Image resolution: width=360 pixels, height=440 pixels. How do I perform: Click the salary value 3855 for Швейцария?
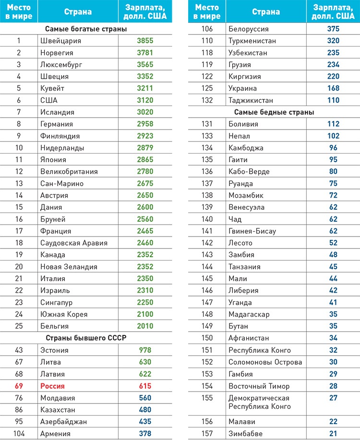(x=145, y=41)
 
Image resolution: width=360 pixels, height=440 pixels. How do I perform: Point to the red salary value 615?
(x=145, y=386)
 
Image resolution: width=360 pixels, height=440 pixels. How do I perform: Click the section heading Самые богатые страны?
(x=86, y=29)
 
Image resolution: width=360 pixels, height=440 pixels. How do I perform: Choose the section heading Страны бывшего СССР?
(x=86, y=338)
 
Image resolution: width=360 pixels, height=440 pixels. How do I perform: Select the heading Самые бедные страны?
(x=274, y=112)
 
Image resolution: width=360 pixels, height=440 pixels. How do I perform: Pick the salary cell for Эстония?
(x=145, y=350)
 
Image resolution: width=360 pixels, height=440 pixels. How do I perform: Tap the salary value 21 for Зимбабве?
(x=333, y=433)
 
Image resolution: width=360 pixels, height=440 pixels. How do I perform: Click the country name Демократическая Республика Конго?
(x=260, y=402)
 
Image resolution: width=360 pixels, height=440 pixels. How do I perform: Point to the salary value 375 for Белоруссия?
(x=333, y=29)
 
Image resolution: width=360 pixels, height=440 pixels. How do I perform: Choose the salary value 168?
(x=333, y=88)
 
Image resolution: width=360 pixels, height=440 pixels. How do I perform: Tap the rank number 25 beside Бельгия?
(x=19, y=326)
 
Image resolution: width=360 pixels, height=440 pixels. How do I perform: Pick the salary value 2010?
(x=145, y=326)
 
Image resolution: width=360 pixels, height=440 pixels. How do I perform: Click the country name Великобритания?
(x=69, y=171)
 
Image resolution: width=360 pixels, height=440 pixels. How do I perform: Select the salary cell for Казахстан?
(x=145, y=410)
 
